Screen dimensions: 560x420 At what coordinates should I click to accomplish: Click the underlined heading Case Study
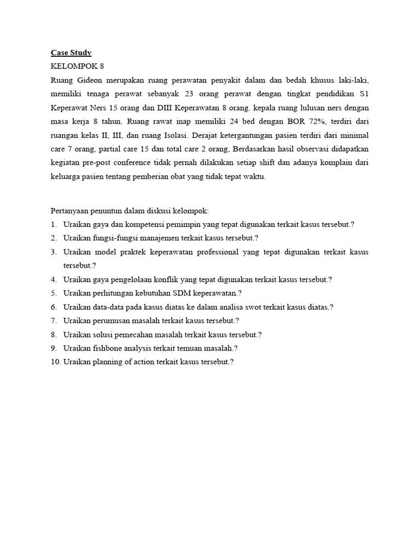(x=71, y=53)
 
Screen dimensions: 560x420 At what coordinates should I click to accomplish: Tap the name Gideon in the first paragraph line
(x=86, y=80)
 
